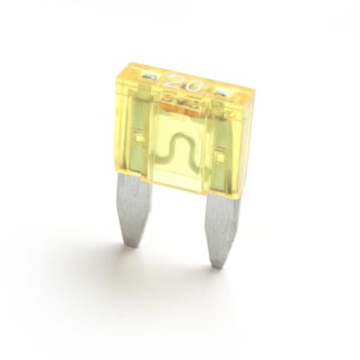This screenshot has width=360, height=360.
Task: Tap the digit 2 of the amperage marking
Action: (178, 81)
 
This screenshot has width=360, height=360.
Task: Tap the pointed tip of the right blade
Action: (217, 265)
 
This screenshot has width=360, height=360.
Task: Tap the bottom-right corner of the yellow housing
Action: (238, 197)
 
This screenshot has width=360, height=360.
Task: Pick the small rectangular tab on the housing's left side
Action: (139, 135)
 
